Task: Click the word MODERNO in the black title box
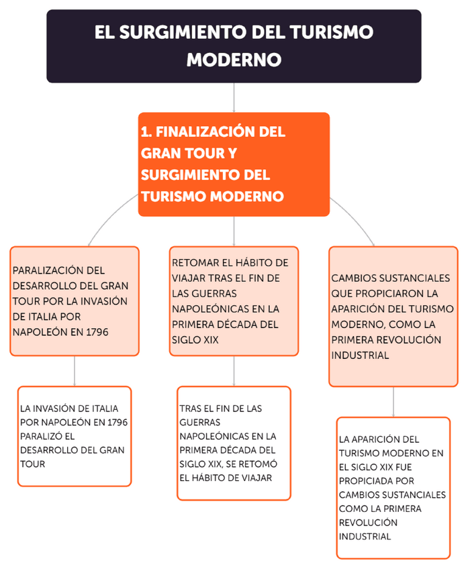[x=234, y=60]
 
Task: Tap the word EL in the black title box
[x=104, y=32]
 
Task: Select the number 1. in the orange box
[x=146, y=132]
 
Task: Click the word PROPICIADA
[x=367, y=481]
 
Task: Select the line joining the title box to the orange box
[x=234, y=97]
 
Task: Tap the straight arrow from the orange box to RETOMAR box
[x=234, y=231]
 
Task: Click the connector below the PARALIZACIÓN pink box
[x=75, y=370]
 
